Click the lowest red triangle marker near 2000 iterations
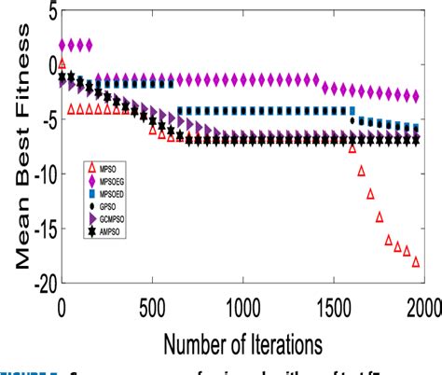416,262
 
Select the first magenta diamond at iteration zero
62,45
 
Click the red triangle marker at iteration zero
62,63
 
